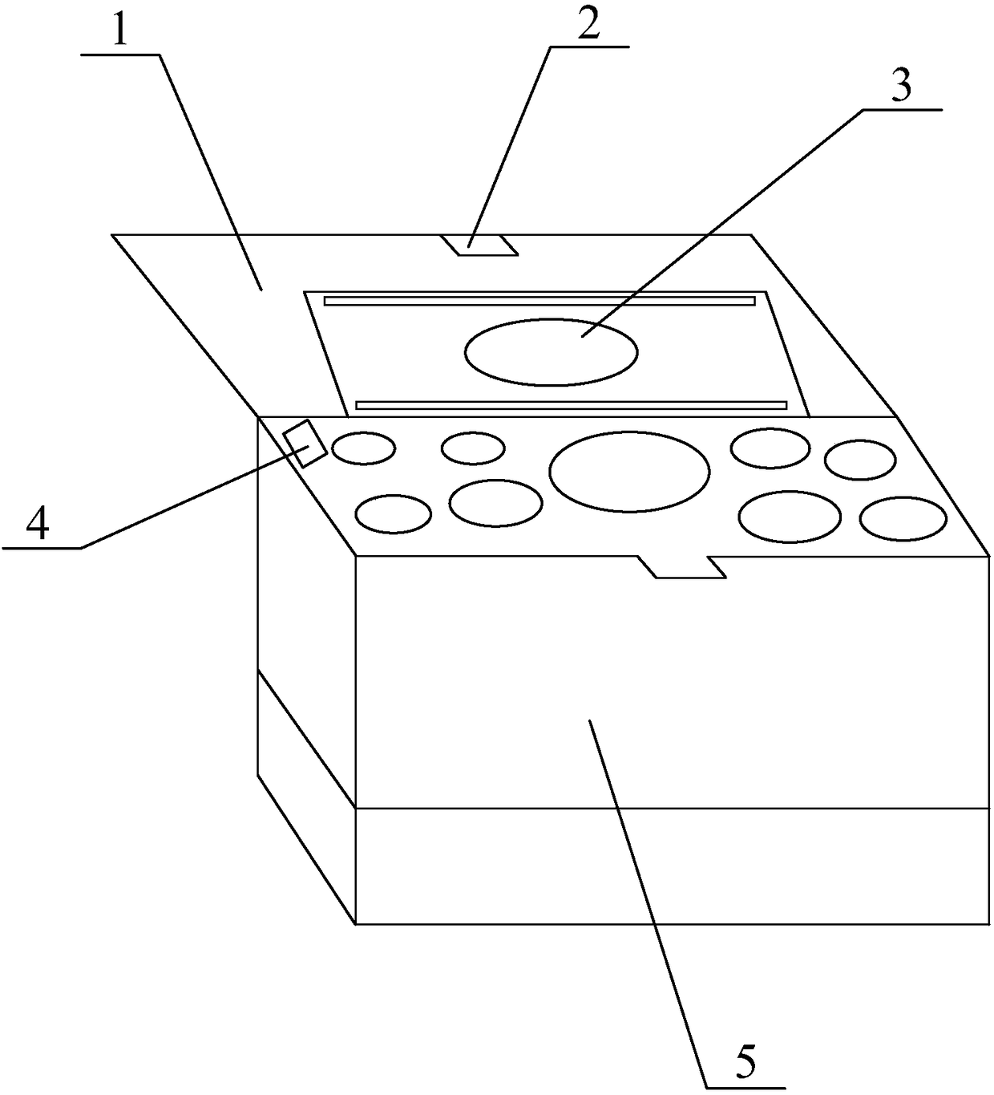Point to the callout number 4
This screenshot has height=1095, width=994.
pyautogui.click(x=38, y=525)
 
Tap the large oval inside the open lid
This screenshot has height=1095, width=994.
pyautogui.click(x=552, y=351)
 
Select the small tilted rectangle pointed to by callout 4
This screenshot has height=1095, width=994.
pyautogui.click(x=304, y=443)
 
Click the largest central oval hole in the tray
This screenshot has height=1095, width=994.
pyautogui.click(x=629, y=471)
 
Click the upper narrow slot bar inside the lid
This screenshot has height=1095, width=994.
pyautogui.click(x=539, y=301)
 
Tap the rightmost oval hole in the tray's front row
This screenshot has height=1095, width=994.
pyautogui.click(x=903, y=518)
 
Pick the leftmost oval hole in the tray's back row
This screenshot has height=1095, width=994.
pyautogui.click(x=363, y=448)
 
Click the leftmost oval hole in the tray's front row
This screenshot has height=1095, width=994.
pyautogui.click(x=393, y=514)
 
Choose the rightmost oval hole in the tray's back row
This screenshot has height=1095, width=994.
pyautogui.click(x=860, y=460)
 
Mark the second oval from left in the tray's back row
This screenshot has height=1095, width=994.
pyautogui.click(x=473, y=448)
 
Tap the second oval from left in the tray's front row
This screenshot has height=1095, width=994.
pyautogui.click(x=495, y=503)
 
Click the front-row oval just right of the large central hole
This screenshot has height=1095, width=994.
pyautogui.click(x=790, y=517)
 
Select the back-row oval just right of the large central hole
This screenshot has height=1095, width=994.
pyautogui.click(x=770, y=448)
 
